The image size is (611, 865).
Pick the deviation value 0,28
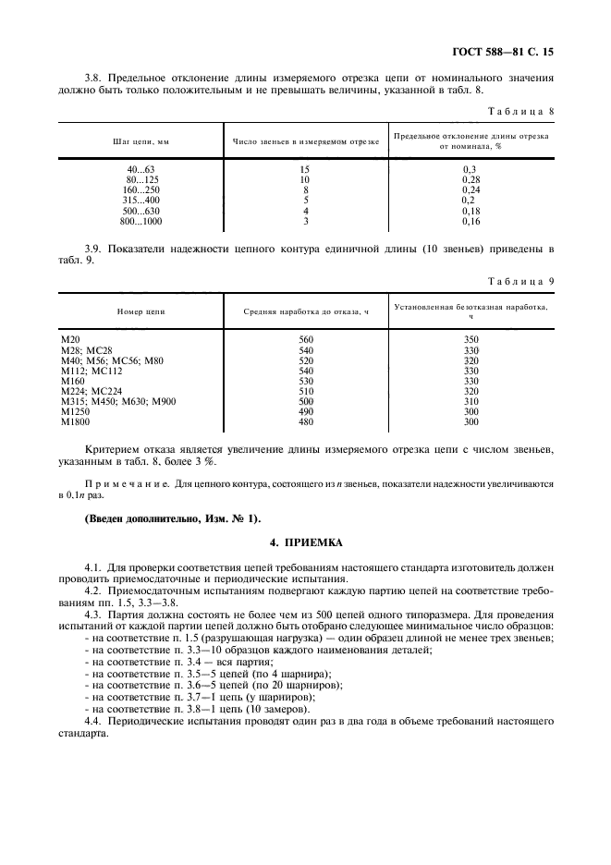pyautogui.click(x=470, y=179)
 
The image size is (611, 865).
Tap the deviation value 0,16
pyautogui.click(x=470, y=222)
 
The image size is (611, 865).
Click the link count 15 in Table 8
pyautogui.click(x=305, y=169)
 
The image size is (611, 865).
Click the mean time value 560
pyautogui.click(x=306, y=339)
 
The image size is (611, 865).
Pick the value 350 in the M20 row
pyautogui.click(x=470, y=339)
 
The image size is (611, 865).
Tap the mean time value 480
pyautogui.click(x=306, y=422)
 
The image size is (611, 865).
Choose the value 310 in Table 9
pyautogui.click(x=470, y=401)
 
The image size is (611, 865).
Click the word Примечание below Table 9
pyautogui.click(x=123, y=482)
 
